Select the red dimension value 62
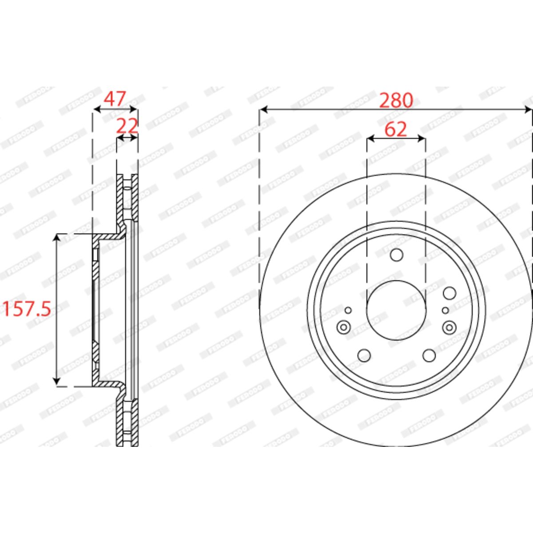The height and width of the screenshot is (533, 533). [396, 129]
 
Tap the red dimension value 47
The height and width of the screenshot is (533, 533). [115, 99]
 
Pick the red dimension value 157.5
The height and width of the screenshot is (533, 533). [27, 309]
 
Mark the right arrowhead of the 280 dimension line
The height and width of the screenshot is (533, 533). [528, 110]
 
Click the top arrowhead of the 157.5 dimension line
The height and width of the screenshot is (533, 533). [57, 238]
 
